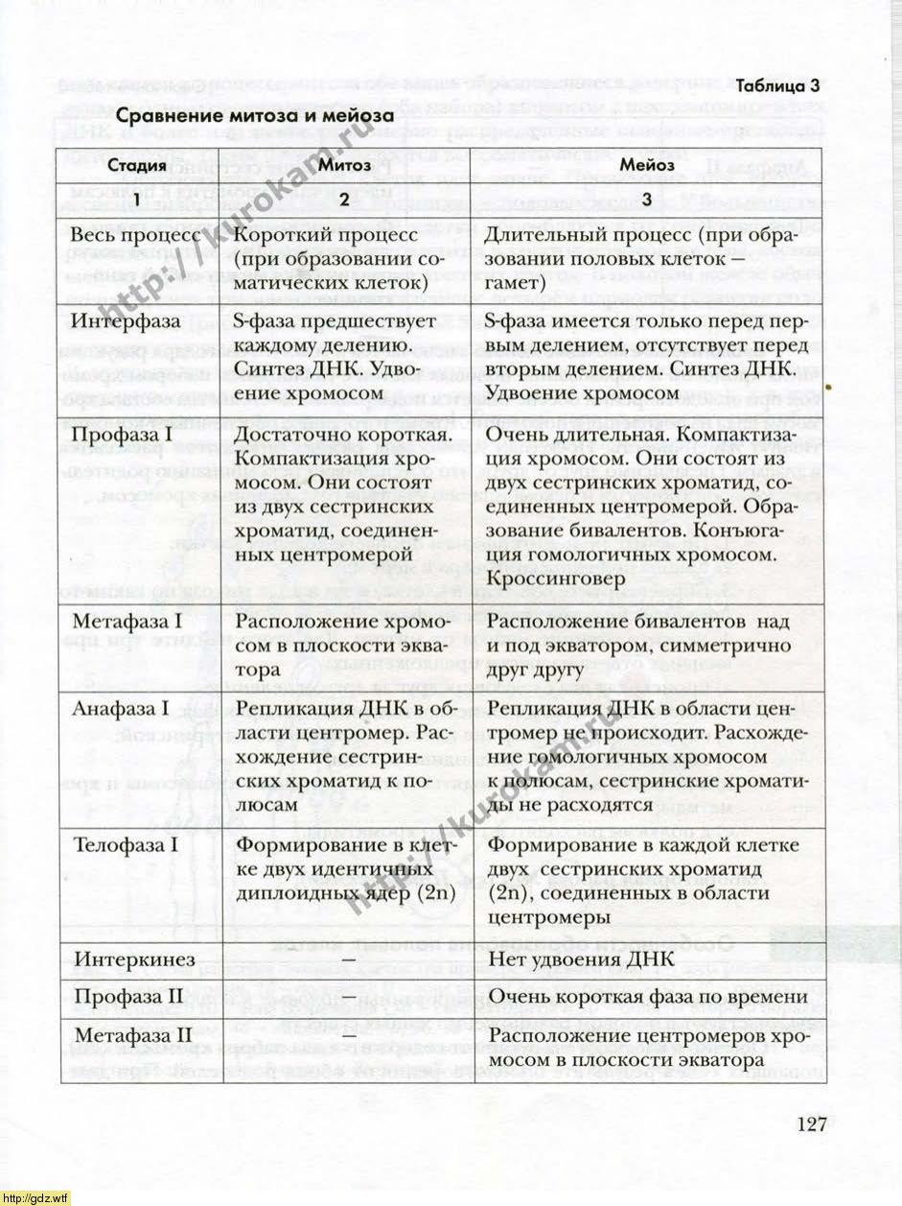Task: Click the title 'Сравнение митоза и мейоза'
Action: (x=256, y=117)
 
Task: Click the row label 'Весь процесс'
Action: (x=136, y=235)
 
